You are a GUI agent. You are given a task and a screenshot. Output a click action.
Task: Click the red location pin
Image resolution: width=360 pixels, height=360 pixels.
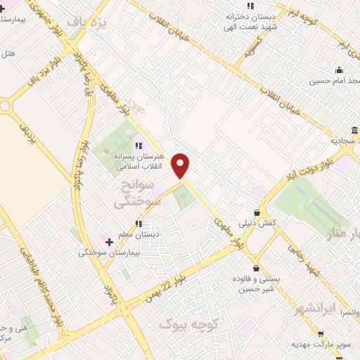[x=181, y=165]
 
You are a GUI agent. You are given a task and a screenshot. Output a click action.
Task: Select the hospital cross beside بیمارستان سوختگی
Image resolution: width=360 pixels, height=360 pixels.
[x=109, y=242]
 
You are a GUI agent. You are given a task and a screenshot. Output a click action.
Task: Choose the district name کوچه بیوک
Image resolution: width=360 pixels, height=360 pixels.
[x=190, y=324]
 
